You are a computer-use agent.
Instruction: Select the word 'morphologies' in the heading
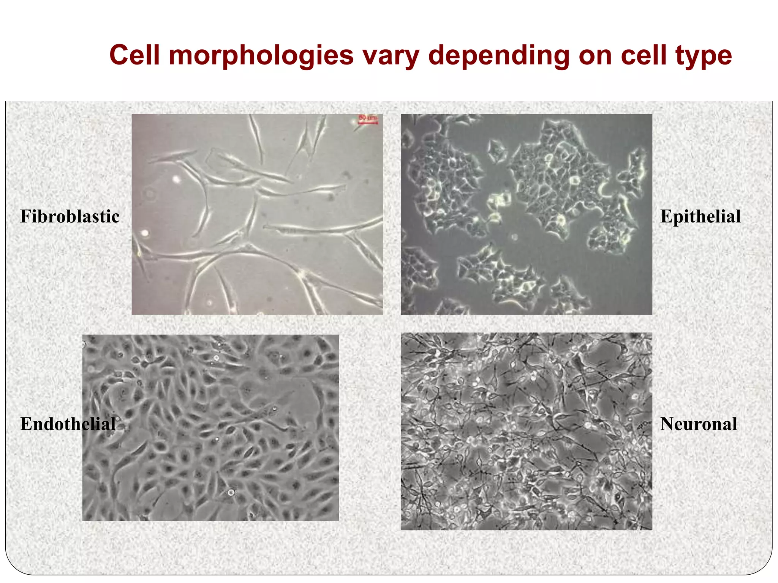pyautogui.click(x=261, y=56)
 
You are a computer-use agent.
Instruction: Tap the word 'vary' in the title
pyautogui.click(x=391, y=56)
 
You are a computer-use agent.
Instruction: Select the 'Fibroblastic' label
pyautogui.click(x=70, y=217)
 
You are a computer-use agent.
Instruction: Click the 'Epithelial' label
pyautogui.click(x=701, y=217)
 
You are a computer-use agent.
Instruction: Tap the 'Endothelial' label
pyautogui.click(x=68, y=424)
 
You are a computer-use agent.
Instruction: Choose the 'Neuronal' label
pyautogui.click(x=699, y=424)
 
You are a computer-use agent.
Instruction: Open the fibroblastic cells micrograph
pyautogui.click(x=257, y=214)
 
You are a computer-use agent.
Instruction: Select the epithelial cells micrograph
pyautogui.click(x=527, y=214)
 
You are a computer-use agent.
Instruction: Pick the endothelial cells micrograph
pyautogui.click(x=210, y=427)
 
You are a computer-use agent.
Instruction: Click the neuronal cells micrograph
pyautogui.click(x=527, y=431)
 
